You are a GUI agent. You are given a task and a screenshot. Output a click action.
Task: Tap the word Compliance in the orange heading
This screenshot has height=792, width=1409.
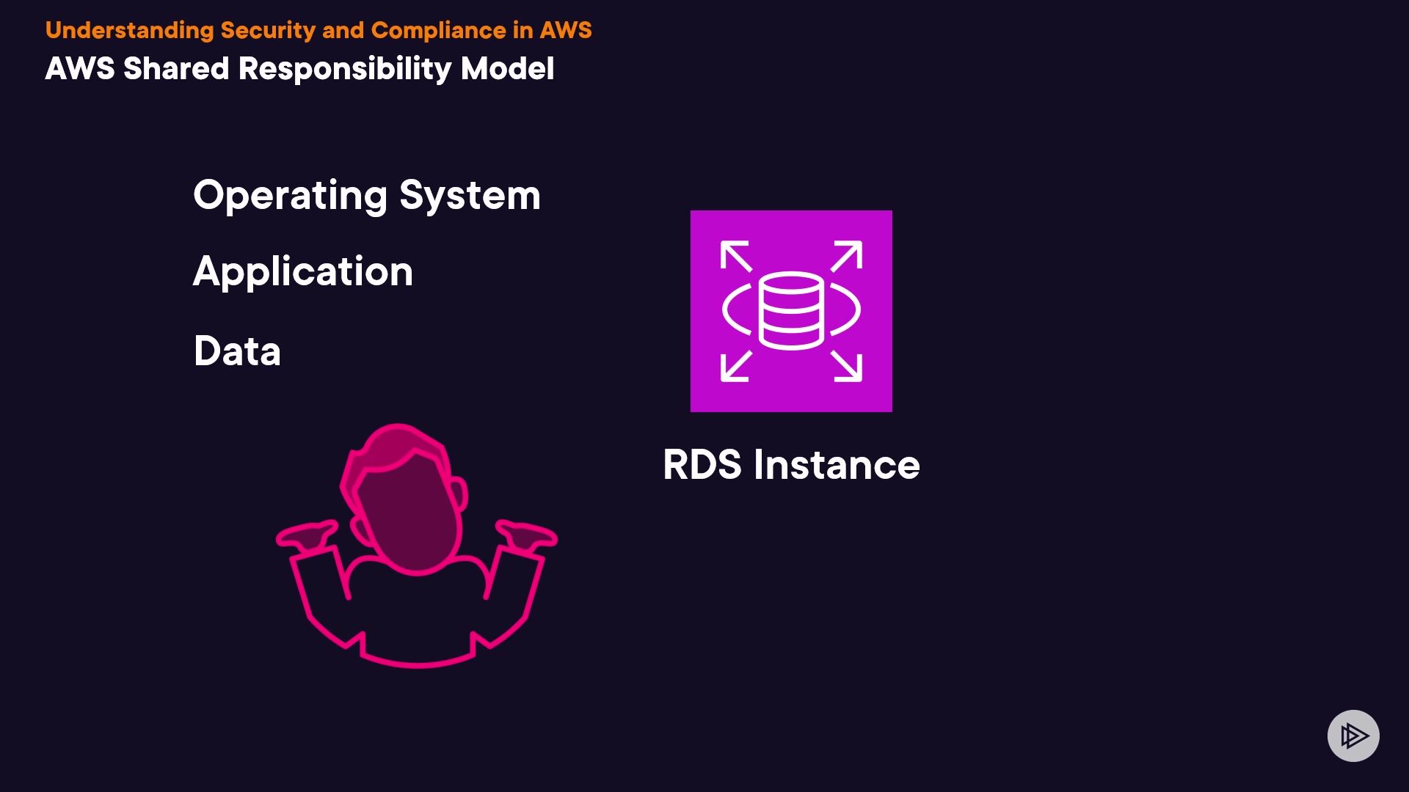click(438, 30)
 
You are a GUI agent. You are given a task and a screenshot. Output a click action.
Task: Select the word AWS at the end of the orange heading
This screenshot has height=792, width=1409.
click(565, 30)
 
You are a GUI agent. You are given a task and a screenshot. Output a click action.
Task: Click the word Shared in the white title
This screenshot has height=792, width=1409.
click(176, 69)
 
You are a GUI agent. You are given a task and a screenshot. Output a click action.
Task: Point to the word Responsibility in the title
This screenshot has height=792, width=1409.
click(345, 69)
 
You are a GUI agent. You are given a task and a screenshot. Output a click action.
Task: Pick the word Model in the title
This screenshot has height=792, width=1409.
click(507, 69)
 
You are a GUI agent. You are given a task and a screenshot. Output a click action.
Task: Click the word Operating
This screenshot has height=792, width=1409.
click(290, 196)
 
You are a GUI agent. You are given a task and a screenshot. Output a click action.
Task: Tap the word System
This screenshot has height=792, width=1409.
click(470, 196)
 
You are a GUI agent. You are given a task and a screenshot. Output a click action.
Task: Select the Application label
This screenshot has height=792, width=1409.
click(303, 272)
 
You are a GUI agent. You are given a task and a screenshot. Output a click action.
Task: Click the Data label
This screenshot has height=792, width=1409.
click(237, 351)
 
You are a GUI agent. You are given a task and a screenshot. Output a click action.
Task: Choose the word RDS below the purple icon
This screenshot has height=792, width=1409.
click(702, 465)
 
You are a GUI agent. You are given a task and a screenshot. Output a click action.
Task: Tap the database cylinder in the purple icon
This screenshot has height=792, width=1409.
click(791, 311)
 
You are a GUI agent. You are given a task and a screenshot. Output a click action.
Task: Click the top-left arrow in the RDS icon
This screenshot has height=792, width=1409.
click(735, 256)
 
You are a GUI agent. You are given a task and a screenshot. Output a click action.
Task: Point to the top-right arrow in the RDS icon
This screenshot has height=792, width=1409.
click(847, 256)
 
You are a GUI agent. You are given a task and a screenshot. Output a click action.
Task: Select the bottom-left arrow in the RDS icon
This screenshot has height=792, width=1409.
click(735, 367)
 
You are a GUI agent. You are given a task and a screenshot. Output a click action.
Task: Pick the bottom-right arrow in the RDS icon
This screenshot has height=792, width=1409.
click(847, 367)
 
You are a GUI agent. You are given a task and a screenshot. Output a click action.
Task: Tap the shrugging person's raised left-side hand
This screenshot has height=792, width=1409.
click(307, 535)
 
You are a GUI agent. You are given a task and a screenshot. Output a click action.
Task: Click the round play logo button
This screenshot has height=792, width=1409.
click(1353, 736)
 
